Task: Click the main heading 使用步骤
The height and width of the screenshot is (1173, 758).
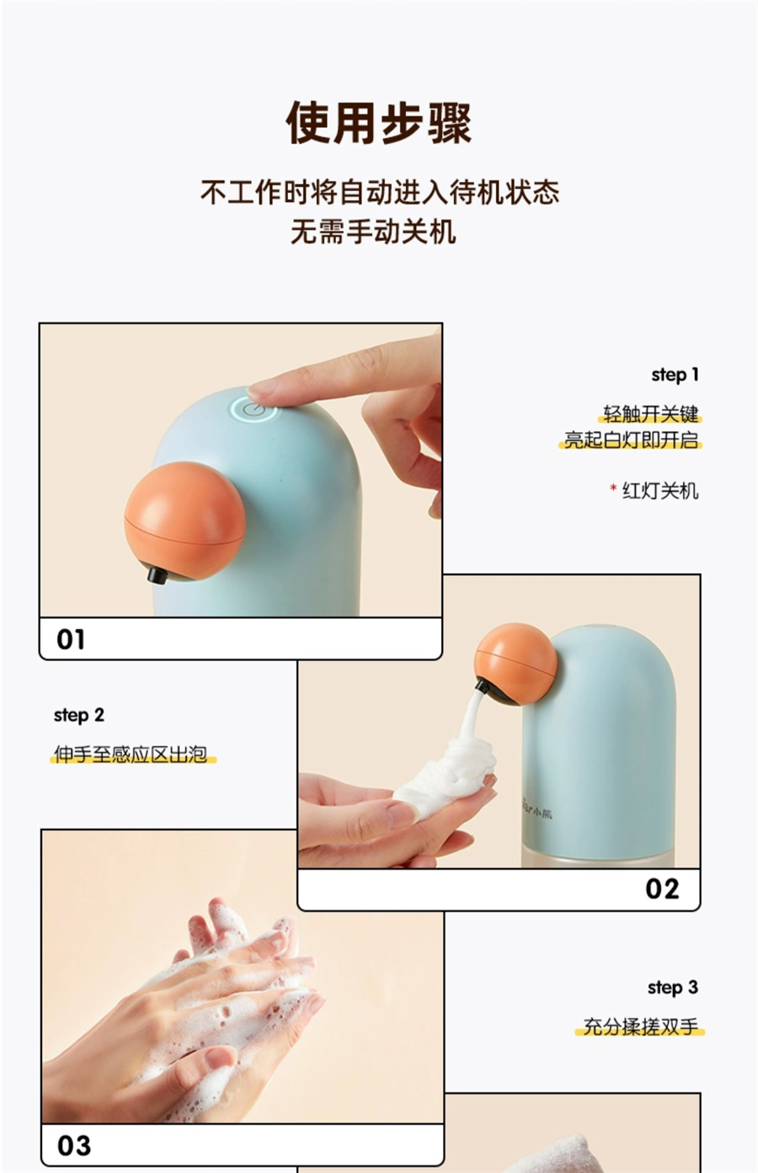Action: [x=378, y=123]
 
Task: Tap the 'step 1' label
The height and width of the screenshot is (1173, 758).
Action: [x=675, y=375]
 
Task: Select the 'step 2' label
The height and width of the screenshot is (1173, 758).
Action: [x=79, y=715]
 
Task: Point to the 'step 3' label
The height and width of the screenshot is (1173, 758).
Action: [x=673, y=988]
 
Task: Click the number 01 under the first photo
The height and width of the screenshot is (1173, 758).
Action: [x=71, y=639]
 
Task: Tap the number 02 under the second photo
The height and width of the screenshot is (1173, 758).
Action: [x=662, y=888]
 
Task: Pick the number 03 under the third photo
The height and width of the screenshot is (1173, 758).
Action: [x=74, y=1146]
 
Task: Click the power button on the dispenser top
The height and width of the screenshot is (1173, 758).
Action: [x=254, y=408]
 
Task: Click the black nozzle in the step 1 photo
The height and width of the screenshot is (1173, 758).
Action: [x=157, y=575]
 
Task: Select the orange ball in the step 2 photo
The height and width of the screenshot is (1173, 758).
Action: [x=516, y=663]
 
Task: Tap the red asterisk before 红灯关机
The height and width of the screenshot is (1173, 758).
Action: [x=613, y=488]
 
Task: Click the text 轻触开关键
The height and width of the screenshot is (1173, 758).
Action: [x=650, y=413]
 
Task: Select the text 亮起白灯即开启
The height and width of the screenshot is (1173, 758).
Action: [x=631, y=440]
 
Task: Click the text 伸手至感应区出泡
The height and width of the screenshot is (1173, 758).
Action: [x=131, y=754]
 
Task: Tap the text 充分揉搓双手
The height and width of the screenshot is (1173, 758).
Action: [x=641, y=1026]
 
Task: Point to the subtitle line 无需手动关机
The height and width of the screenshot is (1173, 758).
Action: [x=373, y=232]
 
